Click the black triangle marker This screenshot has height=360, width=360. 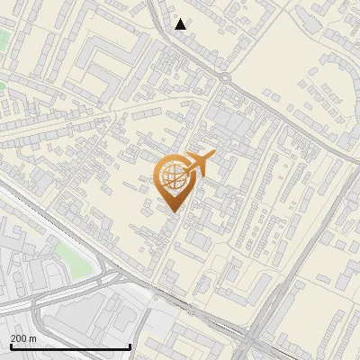(181, 24)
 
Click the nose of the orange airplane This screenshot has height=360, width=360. (213, 155)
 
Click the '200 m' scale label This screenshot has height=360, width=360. (23, 338)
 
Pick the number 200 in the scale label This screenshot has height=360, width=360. (19, 338)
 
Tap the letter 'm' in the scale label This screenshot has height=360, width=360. (32, 338)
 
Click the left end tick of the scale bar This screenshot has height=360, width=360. (10, 346)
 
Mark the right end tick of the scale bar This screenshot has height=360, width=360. (130, 346)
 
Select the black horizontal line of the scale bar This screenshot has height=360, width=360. (70, 347)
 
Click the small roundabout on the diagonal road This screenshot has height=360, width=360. (223, 80)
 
